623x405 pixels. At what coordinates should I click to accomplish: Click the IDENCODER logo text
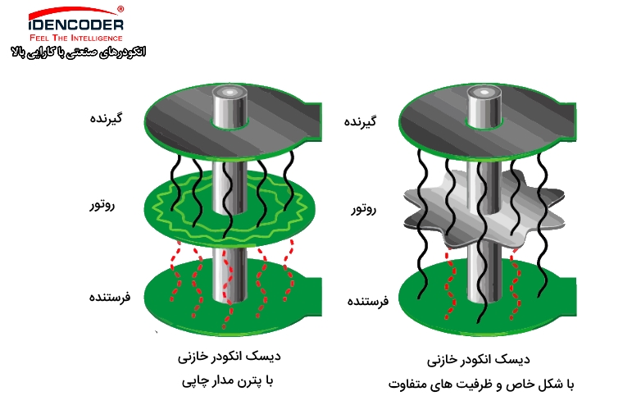(76, 25)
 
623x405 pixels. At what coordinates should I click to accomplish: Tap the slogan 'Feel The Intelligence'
(76, 39)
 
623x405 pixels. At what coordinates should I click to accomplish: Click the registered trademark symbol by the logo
(121, 9)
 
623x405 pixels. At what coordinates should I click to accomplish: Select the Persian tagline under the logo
(78, 52)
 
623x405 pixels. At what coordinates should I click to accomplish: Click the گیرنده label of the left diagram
(106, 118)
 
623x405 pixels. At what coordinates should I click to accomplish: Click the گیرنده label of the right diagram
(360, 121)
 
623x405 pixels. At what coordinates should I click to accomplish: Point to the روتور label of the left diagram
(102, 205)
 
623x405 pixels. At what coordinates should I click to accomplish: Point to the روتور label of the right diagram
(363, 209)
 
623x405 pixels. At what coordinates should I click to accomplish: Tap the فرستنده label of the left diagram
(110, 297)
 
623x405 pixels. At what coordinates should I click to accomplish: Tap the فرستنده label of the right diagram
(368, 301)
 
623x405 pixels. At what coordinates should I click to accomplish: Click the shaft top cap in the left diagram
(230, 93)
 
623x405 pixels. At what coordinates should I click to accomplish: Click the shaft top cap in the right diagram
(484, 93)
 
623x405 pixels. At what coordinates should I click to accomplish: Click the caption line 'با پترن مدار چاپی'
(228, 381)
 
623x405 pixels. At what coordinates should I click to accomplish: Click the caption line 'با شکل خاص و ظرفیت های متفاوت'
(481, 385)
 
